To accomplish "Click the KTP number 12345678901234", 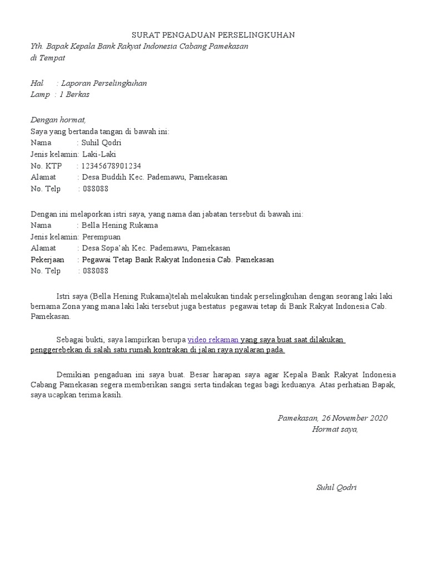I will [111, 166].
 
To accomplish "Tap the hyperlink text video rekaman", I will [213, 340].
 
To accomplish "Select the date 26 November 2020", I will [352, 418].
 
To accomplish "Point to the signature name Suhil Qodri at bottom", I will [336, 488].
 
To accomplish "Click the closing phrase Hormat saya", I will [335, 429].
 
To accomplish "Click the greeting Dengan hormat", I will [58, 120].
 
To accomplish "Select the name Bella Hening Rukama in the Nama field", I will [120, 225].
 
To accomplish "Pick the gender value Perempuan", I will [101, 237].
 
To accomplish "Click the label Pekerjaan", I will [47, 260].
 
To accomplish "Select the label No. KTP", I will [46, 166].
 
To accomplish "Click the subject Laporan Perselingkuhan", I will [105, 83].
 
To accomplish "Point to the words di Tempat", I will [47, 58].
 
